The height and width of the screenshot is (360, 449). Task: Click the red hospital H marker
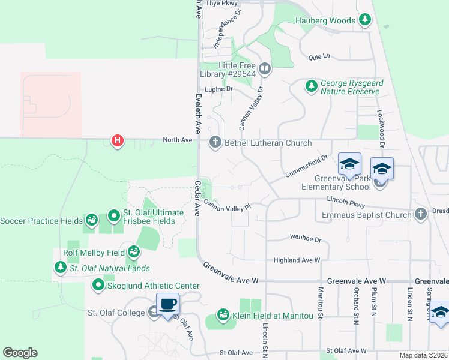click(118, 141)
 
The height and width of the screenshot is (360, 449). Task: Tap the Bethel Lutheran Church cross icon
click(215, 142)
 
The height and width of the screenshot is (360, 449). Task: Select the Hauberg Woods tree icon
click(364, 20)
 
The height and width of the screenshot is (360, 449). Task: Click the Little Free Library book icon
click(265, 69)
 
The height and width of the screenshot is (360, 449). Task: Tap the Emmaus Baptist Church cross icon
click(420, 214)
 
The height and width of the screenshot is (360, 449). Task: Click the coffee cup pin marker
click(167, 304)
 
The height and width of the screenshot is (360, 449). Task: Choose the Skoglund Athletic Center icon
click(97, 285)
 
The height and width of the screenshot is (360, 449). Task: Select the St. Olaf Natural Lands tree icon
click(60, 268)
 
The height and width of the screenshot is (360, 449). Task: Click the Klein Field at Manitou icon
click(223, 315)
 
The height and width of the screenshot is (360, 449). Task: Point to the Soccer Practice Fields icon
click(91, 220)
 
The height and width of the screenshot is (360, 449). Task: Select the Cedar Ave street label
click(197, 197)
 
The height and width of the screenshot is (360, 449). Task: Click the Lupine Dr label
click(218, 89)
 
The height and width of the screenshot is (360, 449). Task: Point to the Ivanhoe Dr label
click(306, 238)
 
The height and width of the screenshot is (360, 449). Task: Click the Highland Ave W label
click(297, 260)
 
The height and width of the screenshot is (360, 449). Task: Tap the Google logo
click(20, 353)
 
